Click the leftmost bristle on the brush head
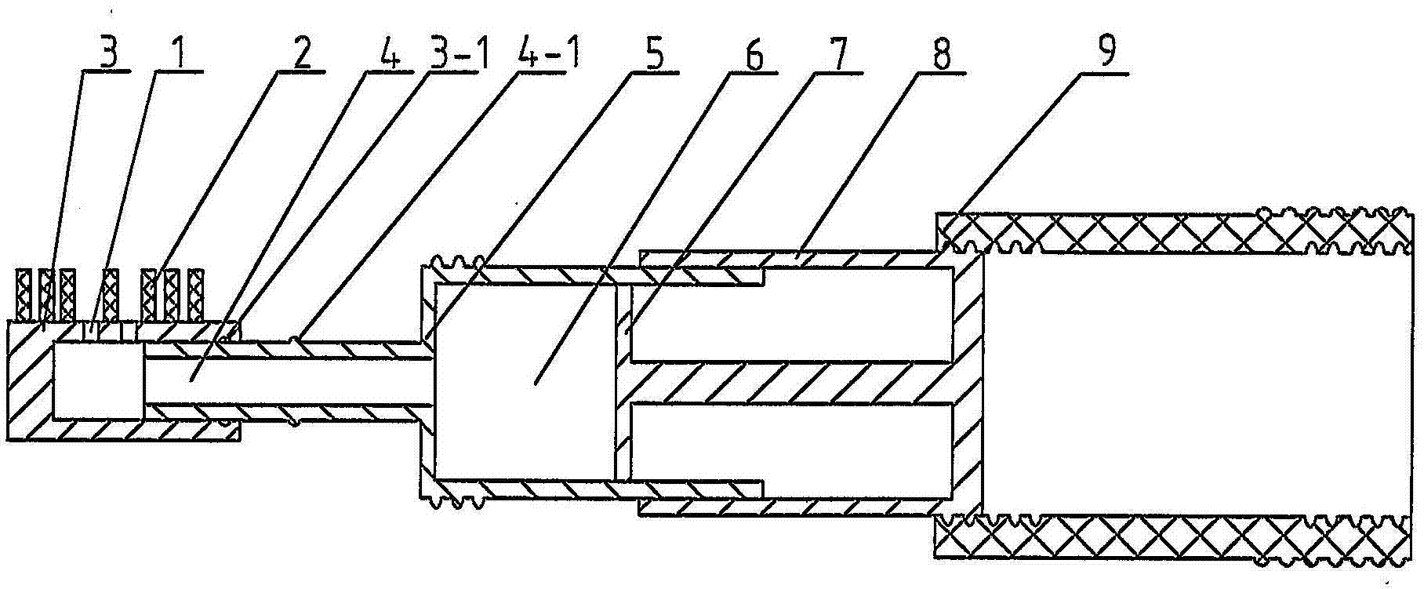coord(24,295)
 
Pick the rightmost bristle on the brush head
coord(196,295)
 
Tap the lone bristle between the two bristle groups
coord(111,295)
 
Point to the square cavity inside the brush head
coord(98,380)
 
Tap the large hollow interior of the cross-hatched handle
coord(1192,384)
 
